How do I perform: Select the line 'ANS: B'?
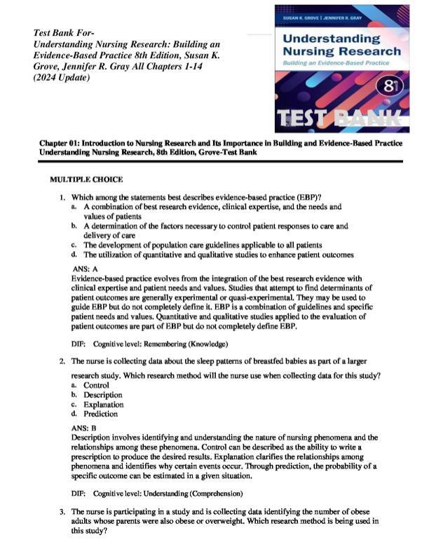coord(84,426)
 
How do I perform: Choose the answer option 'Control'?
coord(97,385)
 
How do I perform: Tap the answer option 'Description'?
coord(103,395)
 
